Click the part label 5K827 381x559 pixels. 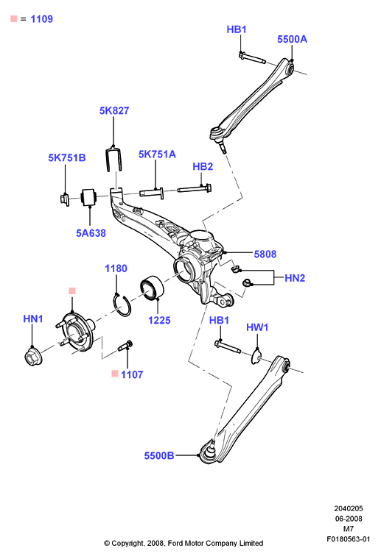point(114,110)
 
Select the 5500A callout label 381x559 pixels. point(292,39)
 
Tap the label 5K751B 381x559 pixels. point(67,157)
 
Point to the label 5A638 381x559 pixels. point(91,233)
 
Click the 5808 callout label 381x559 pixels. point(265,254)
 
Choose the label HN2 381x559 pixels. point(295,278)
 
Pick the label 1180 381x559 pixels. point(116,268)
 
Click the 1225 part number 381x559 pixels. point(159,320)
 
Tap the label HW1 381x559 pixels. point(257,327)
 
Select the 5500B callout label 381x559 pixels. point(159,455)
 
